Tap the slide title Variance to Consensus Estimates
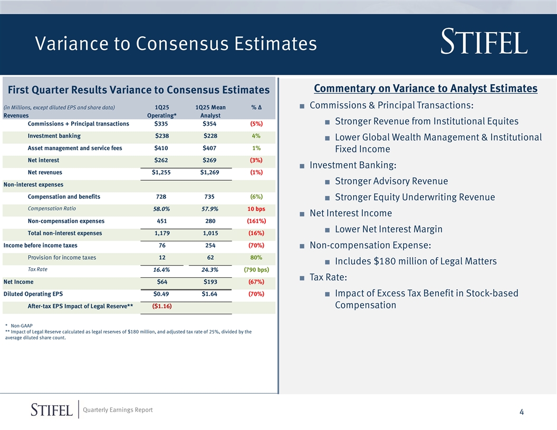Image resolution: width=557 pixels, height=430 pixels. point(176,44)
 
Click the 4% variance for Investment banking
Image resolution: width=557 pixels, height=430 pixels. point(256,136)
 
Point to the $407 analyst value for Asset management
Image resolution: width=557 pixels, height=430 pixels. point(209,148)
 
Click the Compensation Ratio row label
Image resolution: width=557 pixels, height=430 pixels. point(52,209)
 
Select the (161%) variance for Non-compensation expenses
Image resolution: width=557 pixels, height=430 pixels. point(256,221)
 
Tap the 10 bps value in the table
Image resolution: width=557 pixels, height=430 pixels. point(256,209)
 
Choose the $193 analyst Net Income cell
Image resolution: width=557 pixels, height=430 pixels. point(209,282)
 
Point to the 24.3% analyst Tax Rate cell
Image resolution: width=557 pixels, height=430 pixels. point(209,270)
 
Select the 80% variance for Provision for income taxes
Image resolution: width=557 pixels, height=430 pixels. point(256,258)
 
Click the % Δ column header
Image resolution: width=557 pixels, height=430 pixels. point(257,107)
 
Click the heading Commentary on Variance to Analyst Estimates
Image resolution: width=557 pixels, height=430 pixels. point(425,89)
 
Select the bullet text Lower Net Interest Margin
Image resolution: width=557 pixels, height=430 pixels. point(388,229)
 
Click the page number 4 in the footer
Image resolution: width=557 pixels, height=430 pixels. point(521,412)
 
